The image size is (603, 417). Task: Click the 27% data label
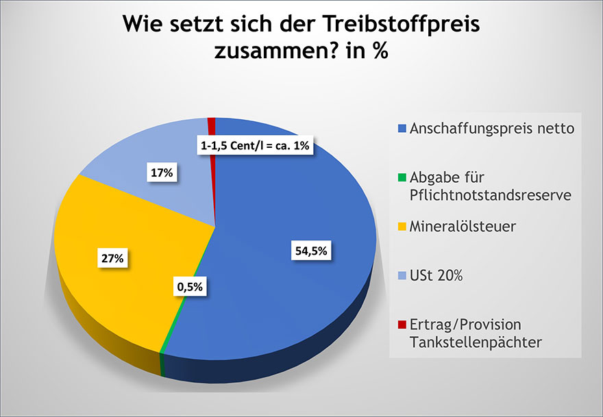tap(114, 260)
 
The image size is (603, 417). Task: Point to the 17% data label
tap(162, 173)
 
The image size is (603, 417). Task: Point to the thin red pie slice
tap(212, 125)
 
